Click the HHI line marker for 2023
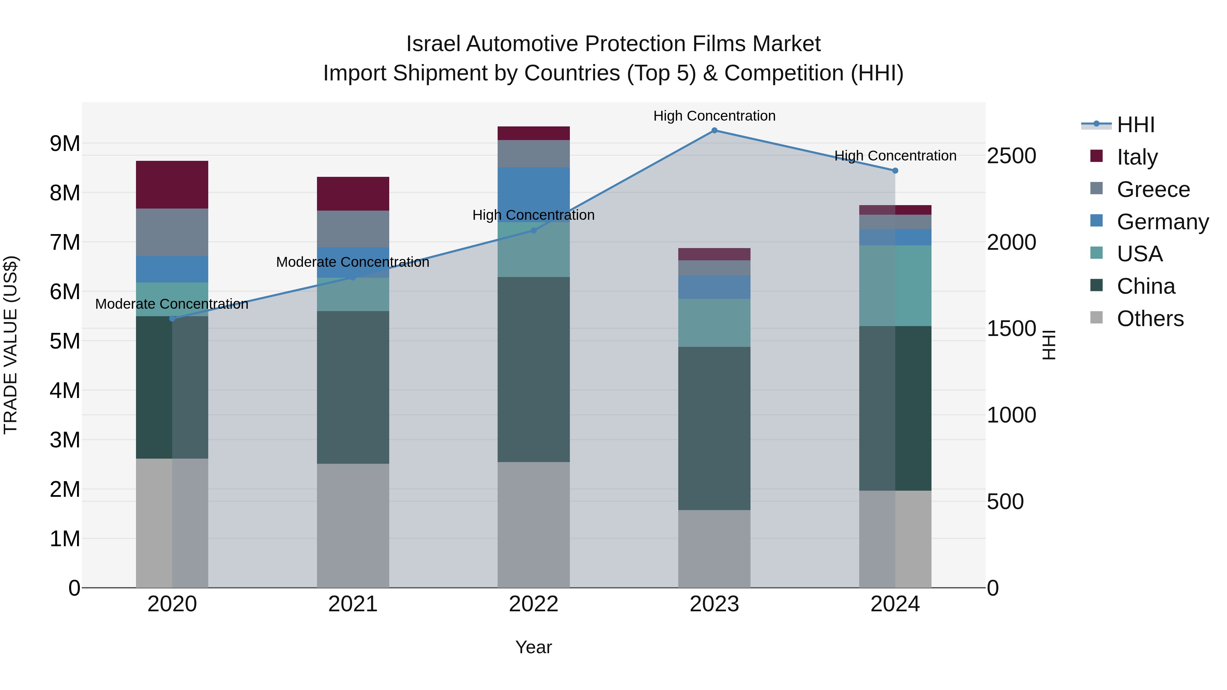[x=714, y=131]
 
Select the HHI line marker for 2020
[x=172, y=319]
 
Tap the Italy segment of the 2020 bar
[x=172, y=185]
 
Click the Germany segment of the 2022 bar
[x=533, y=194]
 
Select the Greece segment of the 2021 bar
[x=353, y=229]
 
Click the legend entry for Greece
[x=1153, y=189]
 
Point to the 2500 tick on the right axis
[x=1011, y=156]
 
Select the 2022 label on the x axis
[x=533, y=604]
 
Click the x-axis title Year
[x=533, y=647]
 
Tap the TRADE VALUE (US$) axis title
[x=11, y=345]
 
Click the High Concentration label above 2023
[x=714, y=116]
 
